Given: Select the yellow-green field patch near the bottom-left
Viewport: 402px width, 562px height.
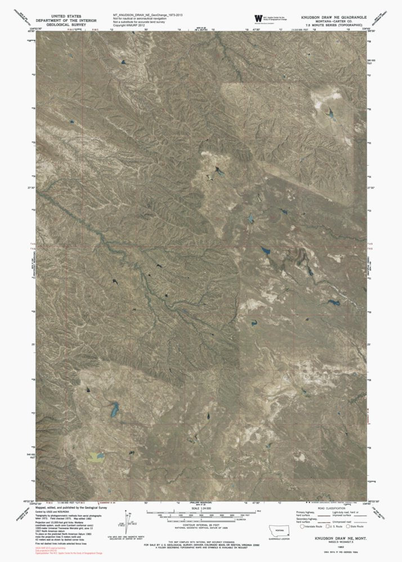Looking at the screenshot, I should pyautogui.click(x=97, y=454).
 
